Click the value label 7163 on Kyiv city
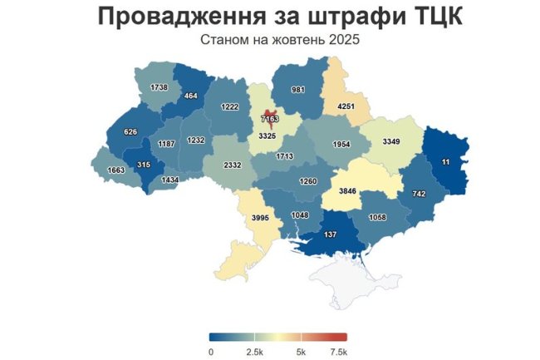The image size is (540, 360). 269,120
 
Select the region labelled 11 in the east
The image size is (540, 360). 446,161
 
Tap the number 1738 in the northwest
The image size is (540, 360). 160,87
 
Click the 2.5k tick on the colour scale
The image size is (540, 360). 256,352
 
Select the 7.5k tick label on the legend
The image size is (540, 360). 337,352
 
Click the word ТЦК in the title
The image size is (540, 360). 424,17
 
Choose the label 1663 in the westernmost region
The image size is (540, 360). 117,170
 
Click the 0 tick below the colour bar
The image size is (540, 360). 211,352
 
